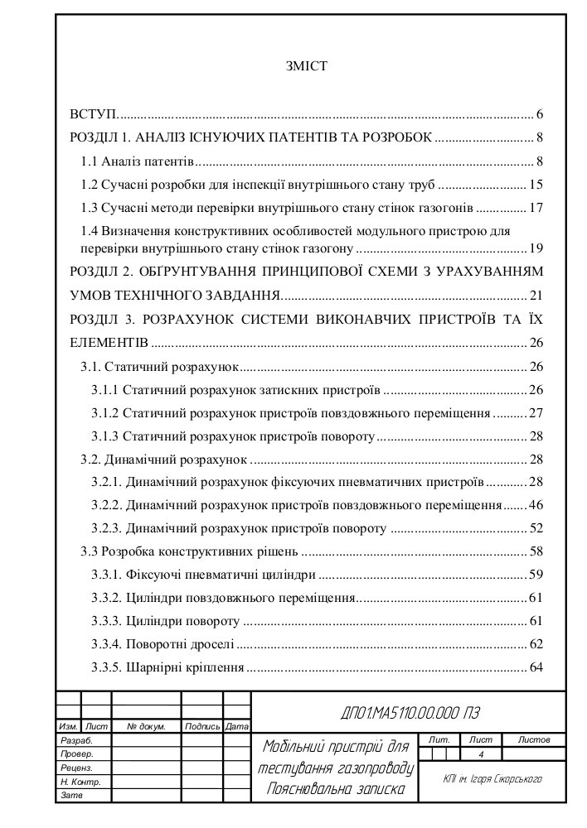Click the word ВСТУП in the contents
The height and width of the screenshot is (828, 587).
coord(92,114)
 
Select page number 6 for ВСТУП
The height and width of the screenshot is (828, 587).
coord(539,114)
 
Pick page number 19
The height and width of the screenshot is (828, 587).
coord(535,248)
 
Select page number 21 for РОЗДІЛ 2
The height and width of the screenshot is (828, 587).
coord(535,295)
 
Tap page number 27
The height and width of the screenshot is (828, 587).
coord(535,412)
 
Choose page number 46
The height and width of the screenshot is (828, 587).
coord(535,504)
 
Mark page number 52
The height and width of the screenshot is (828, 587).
coord(535,527)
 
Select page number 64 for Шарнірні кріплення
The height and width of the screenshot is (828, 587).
coord(535,667)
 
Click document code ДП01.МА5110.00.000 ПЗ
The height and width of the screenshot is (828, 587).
coord(410,714)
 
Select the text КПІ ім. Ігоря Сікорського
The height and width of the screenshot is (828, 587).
coord(492,779)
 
